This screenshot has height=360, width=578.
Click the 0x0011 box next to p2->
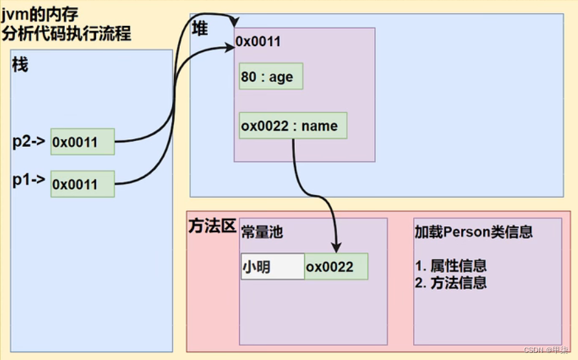point(82,142)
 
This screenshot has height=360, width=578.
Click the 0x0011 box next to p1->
point(82,184)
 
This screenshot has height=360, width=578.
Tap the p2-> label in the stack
point(29,140)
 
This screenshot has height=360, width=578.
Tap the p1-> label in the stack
point(29,181)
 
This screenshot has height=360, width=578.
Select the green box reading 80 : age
point(271,77)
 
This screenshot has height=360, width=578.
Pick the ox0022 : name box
point(293,126)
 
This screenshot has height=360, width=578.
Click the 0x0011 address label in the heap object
point(258,42)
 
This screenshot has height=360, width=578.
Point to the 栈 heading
point(21,65)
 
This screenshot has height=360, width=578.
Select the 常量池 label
point(262,232)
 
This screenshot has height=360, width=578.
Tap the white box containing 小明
point(272,266)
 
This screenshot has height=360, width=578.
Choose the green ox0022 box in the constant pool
point(336,266)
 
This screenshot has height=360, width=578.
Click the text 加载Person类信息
point(474,232)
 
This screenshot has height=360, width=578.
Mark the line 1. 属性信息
point(451,266)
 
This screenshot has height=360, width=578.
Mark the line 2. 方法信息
point(451,282)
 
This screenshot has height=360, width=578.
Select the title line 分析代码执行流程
point(66,32)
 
